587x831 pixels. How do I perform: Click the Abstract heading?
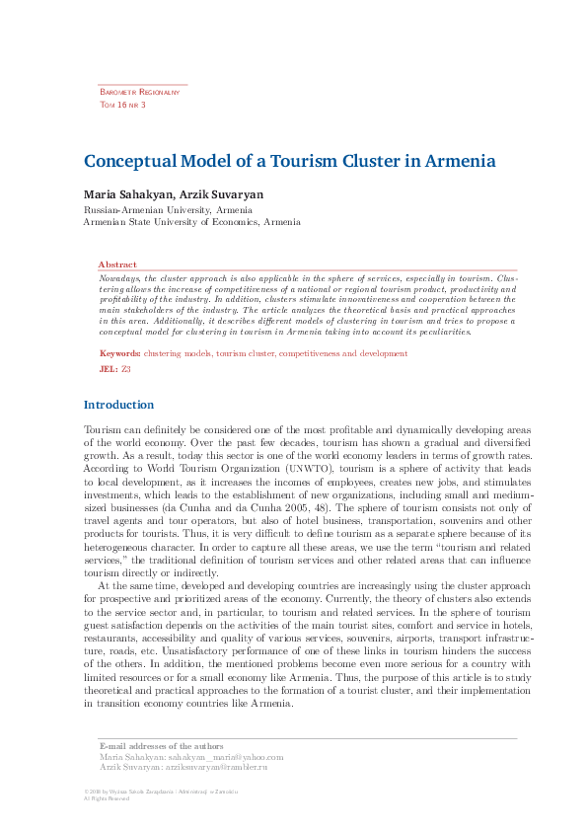click(x=117, y=264)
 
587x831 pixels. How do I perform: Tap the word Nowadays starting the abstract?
click(x=119, y=278)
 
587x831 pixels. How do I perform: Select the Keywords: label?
click(x=119, y=352)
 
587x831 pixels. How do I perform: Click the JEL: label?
click(x=109, y=368)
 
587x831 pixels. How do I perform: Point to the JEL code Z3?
click(x=126, y=368)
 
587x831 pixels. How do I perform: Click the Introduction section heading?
click(x=118, y=405)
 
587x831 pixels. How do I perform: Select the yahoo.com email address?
click(x=219, y=756)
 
